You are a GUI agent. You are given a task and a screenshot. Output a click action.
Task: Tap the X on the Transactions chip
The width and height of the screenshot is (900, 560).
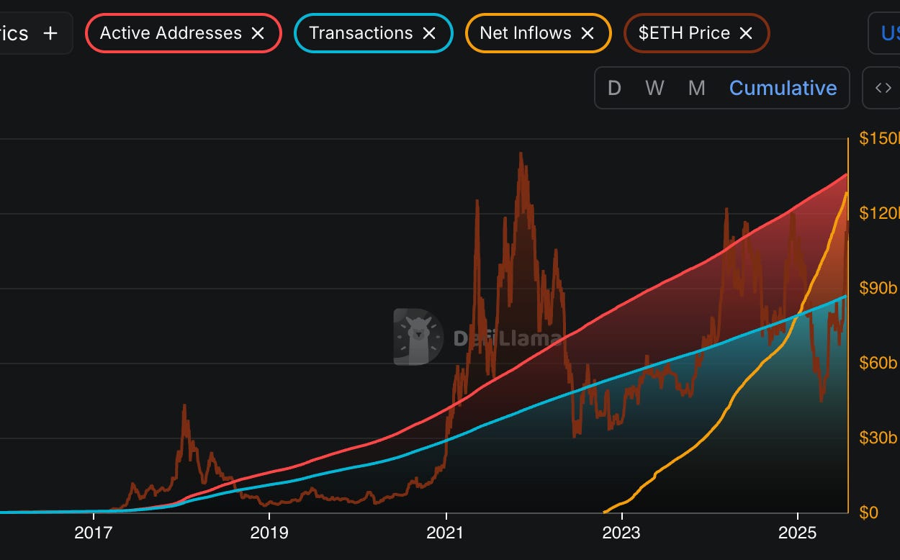point(429,33)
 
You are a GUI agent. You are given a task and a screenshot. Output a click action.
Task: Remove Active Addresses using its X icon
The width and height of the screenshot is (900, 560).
point(258,33)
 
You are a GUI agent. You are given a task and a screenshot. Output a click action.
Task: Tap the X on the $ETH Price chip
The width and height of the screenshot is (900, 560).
point(747,33)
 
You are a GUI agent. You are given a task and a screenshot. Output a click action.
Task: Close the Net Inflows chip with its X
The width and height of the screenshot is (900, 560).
point(588,33)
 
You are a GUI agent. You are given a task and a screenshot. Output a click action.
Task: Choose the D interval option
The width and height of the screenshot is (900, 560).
point(614,88)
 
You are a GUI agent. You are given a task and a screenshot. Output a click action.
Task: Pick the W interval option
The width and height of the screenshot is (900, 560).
point(654,88)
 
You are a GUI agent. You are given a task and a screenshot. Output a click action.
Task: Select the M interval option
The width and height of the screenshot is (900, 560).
point(696,88)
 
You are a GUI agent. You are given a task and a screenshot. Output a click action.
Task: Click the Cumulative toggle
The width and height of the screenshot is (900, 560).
point(783,88)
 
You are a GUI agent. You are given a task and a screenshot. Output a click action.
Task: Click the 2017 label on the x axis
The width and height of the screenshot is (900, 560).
point(94,533)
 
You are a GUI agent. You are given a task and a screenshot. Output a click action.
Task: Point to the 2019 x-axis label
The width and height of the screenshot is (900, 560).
point(269,533)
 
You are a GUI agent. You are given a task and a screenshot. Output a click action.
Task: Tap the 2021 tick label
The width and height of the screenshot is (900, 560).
point(446,533)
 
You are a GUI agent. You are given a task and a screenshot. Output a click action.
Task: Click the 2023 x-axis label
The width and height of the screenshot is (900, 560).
point(621,533)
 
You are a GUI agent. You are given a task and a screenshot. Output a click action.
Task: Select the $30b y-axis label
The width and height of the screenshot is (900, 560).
point(878,438)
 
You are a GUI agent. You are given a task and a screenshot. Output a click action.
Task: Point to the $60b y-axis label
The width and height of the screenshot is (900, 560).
point(878,363)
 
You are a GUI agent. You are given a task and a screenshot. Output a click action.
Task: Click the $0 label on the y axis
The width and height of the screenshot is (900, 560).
point(869,512)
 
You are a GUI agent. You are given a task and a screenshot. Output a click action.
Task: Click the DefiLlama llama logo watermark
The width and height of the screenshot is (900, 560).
point(418,337)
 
